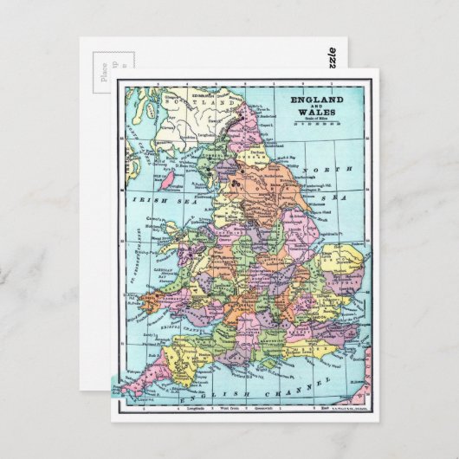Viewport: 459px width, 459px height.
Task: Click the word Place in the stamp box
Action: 105,68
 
